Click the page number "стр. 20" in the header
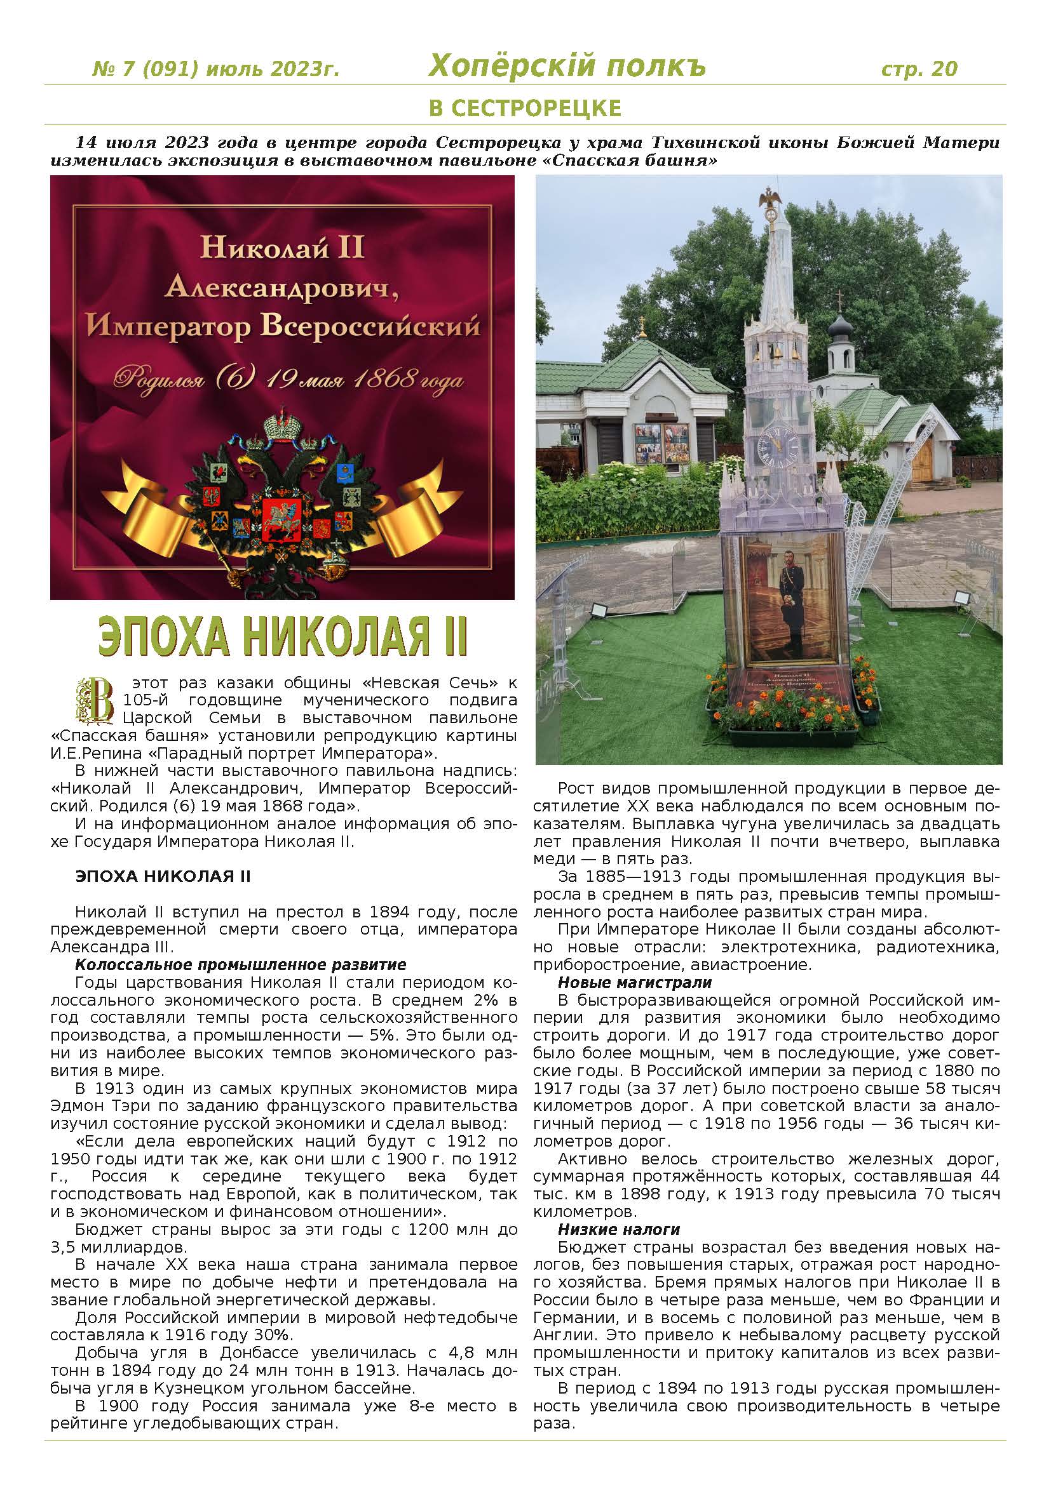(918, 69)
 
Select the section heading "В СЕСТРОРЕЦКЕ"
(525, 107)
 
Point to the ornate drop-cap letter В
(95, 700)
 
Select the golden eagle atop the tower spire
(770, 201)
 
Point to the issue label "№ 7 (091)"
(139, 69)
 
